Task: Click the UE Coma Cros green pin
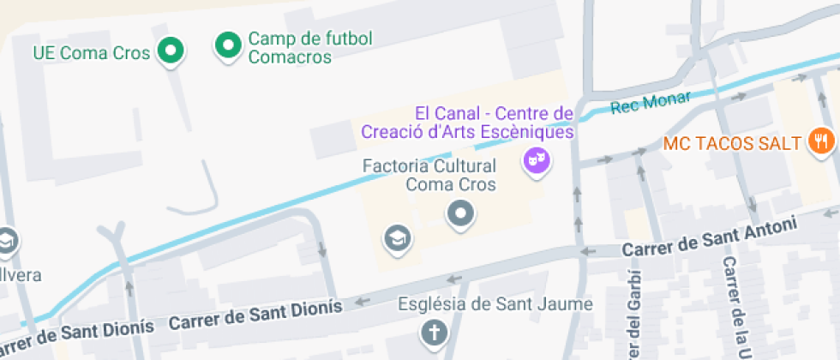pos(172,51)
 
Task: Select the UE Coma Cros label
pos(92,52)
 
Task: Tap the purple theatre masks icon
pos(536,159)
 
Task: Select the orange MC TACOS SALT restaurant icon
pos(820,141)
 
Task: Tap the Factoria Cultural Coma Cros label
pos(429,174)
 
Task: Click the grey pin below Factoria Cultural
pos(461,213)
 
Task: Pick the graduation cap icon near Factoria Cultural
pos(398,237)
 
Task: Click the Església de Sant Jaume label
pos(495,304)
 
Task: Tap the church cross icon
pos(435,332)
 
